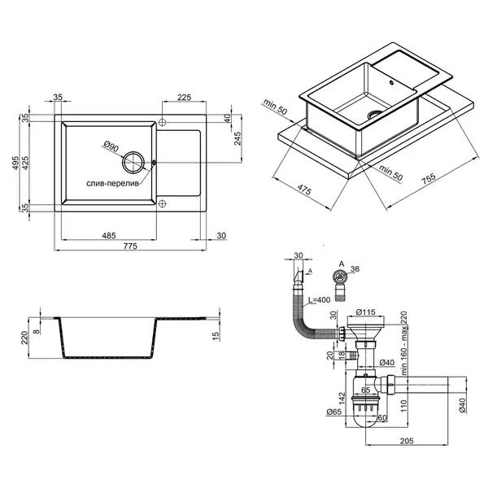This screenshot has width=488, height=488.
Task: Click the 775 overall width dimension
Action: coord(130,246)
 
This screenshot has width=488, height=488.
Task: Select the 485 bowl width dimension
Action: coord(109,236)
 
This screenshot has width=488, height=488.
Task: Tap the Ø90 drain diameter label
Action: coord(111,146)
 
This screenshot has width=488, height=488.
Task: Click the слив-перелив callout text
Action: coord(112,184)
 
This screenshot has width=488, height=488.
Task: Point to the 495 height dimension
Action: coord(15,163)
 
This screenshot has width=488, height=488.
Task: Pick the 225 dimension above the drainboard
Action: coord(185,98)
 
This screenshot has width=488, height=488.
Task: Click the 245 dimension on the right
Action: coord(237,138)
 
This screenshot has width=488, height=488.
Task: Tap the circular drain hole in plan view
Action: coord(133,162)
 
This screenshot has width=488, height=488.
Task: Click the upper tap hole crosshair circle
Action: coord(162,122)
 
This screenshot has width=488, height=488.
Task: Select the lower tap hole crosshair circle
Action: coord(162,204)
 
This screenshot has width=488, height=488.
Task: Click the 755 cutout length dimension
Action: coord(429,180)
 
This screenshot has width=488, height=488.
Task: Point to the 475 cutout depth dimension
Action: coord(304,190)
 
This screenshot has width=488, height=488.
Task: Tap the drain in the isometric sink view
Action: coord(375,113)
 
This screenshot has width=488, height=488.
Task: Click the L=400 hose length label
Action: coord(319,300)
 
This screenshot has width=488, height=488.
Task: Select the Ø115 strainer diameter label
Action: coord(366,312)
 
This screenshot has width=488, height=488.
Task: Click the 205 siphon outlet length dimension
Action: coord(407,441)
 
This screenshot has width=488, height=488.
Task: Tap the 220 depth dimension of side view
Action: coord(24,338)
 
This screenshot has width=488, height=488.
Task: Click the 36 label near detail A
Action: coord(355,268)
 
